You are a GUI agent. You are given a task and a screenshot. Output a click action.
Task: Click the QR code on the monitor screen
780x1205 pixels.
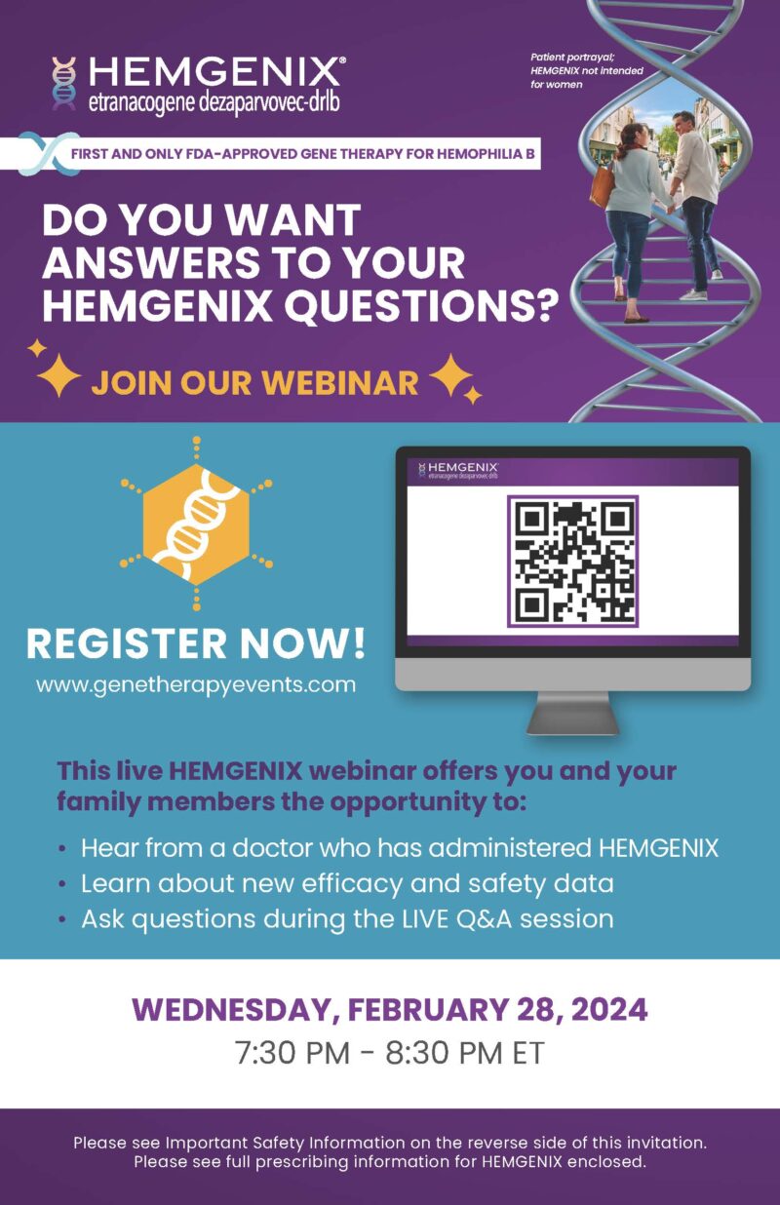[572, 561]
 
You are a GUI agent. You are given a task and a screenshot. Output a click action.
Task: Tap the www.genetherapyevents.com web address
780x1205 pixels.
[196, 684]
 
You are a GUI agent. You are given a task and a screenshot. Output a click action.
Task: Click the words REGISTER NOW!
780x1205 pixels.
[196, 642]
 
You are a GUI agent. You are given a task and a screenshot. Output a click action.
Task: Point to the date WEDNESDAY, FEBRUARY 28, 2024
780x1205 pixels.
[390, 1009]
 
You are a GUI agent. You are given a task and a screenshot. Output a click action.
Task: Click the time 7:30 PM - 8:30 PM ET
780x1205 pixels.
[390, 1054]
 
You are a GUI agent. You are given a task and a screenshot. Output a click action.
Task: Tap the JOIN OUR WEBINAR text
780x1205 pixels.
[254, 382]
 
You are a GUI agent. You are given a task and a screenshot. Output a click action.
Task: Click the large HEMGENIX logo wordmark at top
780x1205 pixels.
[215, 71]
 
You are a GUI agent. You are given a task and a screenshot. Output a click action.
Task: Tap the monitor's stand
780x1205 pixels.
[572, 715]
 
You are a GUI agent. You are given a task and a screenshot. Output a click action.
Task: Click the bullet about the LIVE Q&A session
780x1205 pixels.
[347, 918]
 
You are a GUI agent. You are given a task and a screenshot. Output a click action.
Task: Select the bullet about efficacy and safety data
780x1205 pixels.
[347, 883]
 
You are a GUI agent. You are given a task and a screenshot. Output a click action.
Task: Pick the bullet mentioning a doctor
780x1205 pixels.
[399, 848]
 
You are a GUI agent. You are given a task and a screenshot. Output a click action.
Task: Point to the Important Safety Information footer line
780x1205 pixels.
[390, 1142]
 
